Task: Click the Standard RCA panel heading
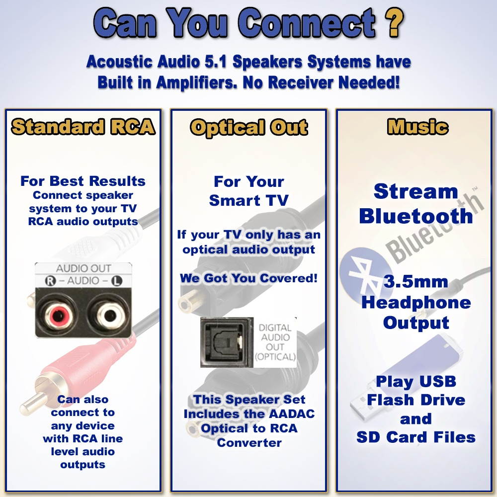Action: coord(83,127)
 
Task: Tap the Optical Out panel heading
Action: coord(248,127)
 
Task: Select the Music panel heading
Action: coord(417,127)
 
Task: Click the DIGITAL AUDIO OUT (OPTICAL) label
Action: coord(275,342)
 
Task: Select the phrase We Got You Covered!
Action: coord(248,278)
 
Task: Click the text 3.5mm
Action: coord(415,282)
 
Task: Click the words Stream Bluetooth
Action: coord(415,204)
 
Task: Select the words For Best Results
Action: coord(83,181)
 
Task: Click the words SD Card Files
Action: coord(415,437)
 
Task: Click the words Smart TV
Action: coord(248,200)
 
